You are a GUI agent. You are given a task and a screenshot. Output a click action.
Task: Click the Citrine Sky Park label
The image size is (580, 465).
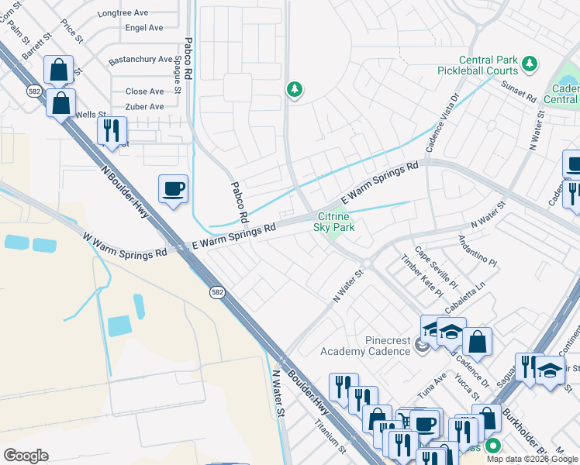point(333,222)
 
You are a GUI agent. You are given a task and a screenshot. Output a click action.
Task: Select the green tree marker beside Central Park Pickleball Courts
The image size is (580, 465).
point(530,63)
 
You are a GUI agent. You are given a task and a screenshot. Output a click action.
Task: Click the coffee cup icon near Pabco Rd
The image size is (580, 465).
point(173,188)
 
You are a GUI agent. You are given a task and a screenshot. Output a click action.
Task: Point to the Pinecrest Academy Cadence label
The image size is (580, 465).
point(365,346)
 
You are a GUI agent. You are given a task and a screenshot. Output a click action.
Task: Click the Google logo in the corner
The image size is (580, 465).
point(26,456)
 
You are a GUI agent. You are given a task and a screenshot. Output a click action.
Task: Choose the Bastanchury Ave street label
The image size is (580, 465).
point(140,59)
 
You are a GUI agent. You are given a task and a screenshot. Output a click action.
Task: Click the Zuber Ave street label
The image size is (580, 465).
point(144,106)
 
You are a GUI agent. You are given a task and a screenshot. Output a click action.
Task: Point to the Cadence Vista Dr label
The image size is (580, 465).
point(443,122)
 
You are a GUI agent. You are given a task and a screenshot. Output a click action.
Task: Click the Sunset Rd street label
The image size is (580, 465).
point(519,92)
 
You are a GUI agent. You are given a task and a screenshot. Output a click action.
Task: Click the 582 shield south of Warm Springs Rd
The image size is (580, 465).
point(218,292)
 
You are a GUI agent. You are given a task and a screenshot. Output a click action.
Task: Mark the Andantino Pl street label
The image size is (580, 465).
point(476,251)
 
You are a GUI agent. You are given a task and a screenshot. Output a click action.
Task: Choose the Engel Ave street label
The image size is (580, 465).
point(144,28)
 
